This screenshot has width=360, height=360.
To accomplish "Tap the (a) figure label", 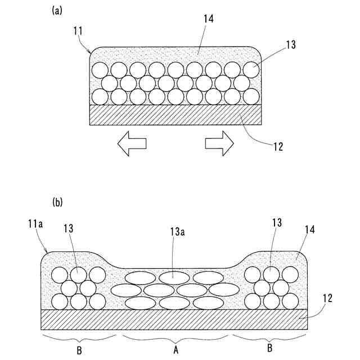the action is click(x=57, y=10).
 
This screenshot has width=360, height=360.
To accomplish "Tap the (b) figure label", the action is click(x=57, y=201).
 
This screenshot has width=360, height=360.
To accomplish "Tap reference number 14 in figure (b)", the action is click(x=310, y=229).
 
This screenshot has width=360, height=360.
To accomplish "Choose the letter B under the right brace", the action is click(x=270, y=348).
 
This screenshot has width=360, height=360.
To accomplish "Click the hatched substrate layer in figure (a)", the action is click(x=175, y=115).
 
